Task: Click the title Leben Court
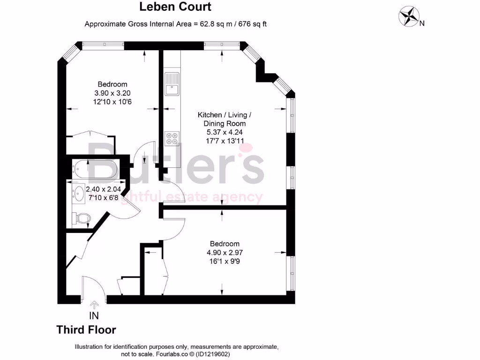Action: (175, 7)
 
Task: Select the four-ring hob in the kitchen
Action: (172, 138)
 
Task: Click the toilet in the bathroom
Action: (82, 218)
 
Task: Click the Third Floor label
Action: (86, 330)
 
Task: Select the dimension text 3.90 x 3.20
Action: (109, 93)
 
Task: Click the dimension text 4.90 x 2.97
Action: (225, 252)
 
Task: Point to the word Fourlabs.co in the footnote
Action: (165, 354)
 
